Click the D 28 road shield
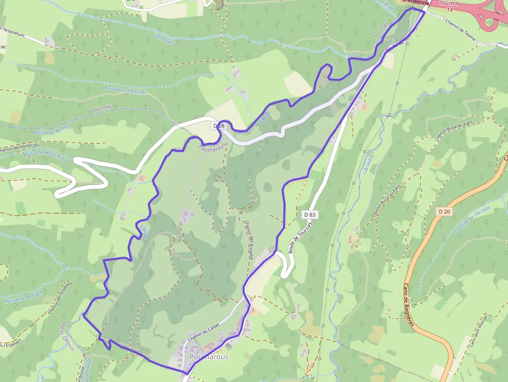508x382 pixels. pos(218,126)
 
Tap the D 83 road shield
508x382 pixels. pos(310,214)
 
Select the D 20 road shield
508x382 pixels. pos(444,211)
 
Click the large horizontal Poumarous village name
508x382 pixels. pos(209,357)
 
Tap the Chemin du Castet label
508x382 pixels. pos(204,330)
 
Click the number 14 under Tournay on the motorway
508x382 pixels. pos(449,10)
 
